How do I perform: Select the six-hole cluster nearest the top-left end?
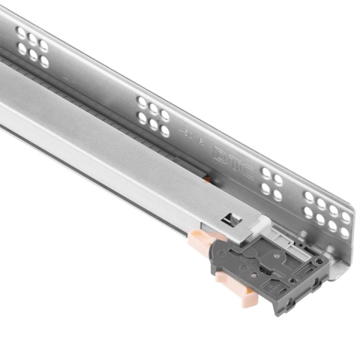pos(34,46)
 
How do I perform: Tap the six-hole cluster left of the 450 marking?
pos(154,115)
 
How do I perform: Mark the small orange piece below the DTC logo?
pos(208,180)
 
